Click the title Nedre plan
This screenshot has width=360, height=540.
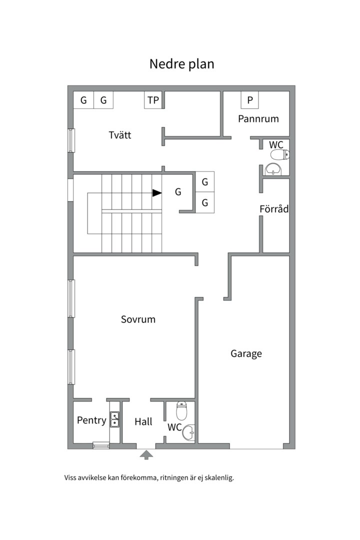pos(181,64)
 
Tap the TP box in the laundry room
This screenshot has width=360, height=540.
pos(153,100)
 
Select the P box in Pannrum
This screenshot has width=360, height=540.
pos(250,100)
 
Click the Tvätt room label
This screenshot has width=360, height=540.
pos(120,134)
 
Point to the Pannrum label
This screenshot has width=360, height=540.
pos(258,119)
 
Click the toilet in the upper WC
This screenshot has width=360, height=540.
pos(280,154)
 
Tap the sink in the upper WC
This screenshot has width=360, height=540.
pos(273,169)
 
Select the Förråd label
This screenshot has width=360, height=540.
pos(274,208)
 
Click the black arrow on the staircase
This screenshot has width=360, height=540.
pos(157,193)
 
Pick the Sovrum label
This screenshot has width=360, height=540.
pos(138,319)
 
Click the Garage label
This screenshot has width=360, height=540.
pos(246,353)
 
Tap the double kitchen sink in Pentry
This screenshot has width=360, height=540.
pos(114,419)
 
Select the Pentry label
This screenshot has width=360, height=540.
pos(91,420)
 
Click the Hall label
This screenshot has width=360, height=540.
pos(143,421)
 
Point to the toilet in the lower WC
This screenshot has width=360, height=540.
pos(181,411)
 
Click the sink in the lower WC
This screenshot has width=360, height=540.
pos(188,432)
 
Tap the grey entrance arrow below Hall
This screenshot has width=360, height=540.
pos(146,455)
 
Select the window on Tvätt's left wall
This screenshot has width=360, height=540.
pos(71,140)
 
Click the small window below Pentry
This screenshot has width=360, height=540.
pos(101,446)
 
